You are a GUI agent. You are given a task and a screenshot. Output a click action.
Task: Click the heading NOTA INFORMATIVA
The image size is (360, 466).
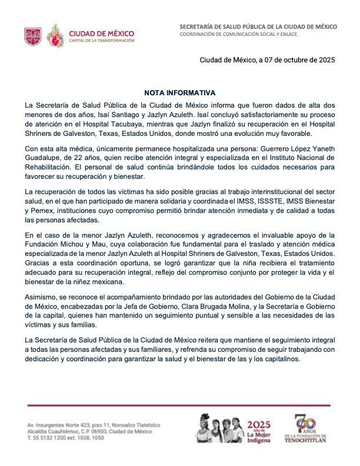point(180,93)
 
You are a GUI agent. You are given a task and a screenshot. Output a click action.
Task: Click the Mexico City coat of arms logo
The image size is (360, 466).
point(33,36)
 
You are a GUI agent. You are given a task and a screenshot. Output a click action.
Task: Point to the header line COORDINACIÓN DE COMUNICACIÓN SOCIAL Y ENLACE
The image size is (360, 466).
point(238,34)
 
